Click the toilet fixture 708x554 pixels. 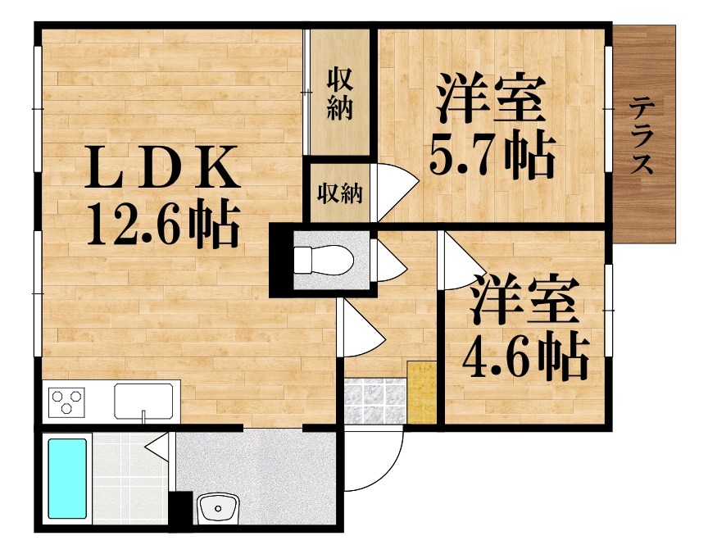[324, 260]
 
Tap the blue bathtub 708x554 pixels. [67, 478]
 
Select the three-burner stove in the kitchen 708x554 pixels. [67, 402]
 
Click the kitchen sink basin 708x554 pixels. [143, 402]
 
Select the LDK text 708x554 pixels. [161, 167]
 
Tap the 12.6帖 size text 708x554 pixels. [162, 224]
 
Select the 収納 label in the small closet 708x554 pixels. [339, 194]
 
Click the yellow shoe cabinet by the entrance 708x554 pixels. [421, 393]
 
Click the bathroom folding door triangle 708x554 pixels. [158, 447]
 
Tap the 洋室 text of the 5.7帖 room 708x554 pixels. [492, 98]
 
